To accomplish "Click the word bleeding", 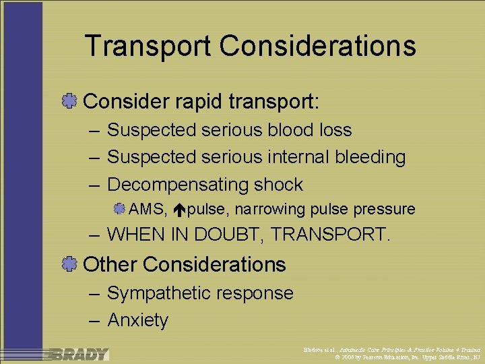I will tap(373, 157).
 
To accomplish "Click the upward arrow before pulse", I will tap(179, 210).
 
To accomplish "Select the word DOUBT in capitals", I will tap(229, 235).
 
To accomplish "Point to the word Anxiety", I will tap(137, 320).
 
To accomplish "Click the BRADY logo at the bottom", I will tap(78, 354).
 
